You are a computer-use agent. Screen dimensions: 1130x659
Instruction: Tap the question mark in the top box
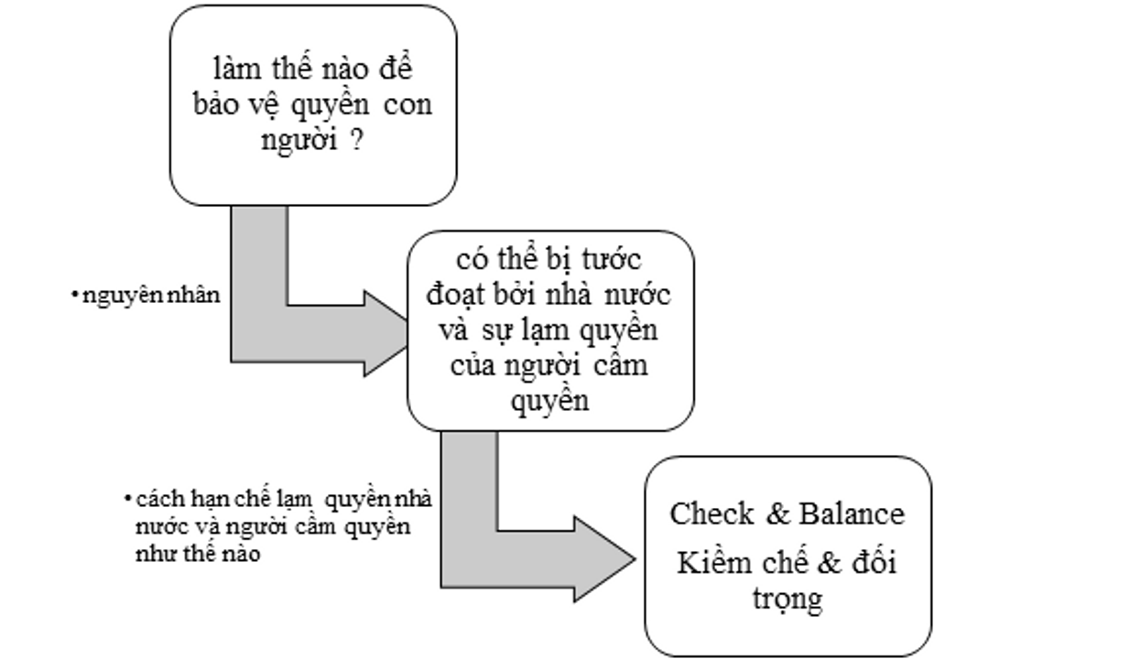(x=355, y=139)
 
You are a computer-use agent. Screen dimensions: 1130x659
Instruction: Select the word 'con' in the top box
(x=407, y=105)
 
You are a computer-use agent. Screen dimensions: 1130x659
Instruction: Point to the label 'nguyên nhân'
(x=151, y=296)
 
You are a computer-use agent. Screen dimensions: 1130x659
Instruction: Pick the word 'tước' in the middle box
(x=612, y=259)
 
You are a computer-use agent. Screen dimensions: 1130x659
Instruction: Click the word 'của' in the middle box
(x=473, y=364)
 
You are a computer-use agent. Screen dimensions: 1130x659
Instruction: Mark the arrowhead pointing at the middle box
(x=386, y=333)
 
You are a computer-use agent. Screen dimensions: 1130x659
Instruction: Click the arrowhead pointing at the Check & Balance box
(x=604, y=558)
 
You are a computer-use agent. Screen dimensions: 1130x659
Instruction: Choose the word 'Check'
(x=712, y=513)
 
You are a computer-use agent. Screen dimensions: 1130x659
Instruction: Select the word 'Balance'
(x=852, y=513)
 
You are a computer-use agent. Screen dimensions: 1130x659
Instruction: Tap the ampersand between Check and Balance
(x=777, y=513)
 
